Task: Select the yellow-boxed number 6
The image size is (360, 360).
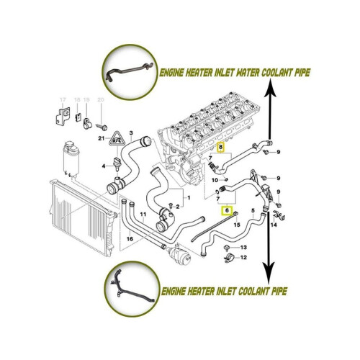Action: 227,211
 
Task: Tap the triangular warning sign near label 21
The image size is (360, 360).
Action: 117,139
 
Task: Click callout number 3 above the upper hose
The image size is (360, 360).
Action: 131,132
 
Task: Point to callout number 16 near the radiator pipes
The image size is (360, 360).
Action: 130,239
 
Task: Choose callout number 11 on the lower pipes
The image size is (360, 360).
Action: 143,214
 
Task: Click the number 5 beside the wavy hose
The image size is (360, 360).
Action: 253,211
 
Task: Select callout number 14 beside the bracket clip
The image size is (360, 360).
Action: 274,225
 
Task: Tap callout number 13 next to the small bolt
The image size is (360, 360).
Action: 243,247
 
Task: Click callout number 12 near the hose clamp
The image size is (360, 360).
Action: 243,258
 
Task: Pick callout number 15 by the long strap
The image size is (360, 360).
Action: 237,225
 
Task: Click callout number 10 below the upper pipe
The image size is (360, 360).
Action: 215,180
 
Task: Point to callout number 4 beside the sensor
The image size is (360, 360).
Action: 104,166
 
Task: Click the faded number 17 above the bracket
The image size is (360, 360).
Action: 63,99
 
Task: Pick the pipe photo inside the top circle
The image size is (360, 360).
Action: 130,72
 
